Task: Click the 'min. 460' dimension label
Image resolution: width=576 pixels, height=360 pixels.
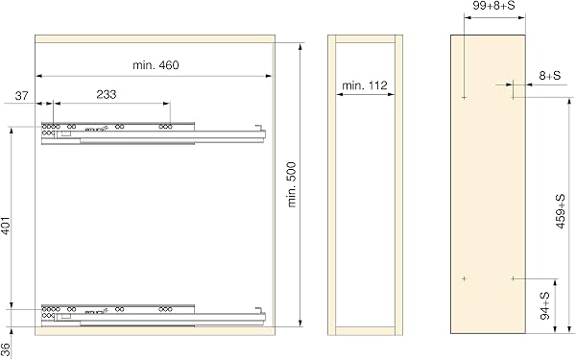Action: tap(156, 65)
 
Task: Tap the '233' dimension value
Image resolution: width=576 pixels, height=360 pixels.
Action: tap(107, 95)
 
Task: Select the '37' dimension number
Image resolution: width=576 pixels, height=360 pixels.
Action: tap(21, 96)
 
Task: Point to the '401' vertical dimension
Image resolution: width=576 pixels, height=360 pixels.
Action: tap(7, 227)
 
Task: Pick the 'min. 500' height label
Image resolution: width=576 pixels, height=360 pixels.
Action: tap(291, 184)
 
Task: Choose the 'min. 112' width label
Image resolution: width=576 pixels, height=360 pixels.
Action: tap(365, 85)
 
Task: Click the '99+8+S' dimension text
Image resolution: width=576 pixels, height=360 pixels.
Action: tap(493, 6)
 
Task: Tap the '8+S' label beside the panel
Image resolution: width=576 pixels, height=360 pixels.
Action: tap(550, 76)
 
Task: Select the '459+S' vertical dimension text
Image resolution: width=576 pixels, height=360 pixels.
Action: tap(561, 211)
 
